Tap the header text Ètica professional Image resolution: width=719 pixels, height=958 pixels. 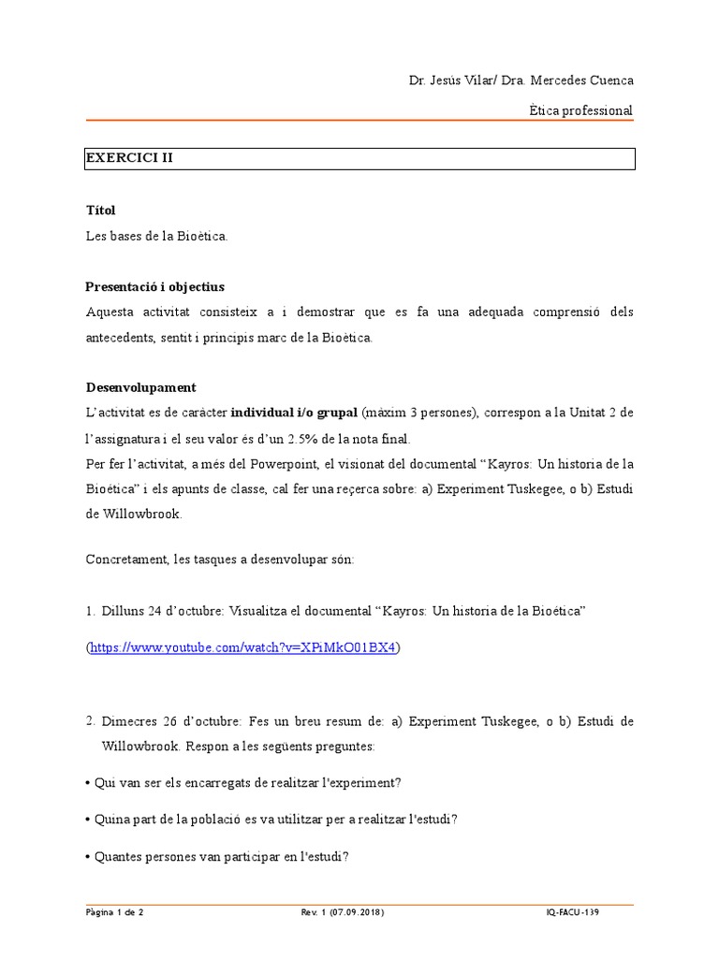coord(580,110)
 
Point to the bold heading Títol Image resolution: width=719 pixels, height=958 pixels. coord(100,210)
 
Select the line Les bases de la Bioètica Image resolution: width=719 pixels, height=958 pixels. coord(156,236)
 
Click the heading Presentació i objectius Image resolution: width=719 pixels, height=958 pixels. coord(154,286)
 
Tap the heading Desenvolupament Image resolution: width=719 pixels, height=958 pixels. coord(140,387)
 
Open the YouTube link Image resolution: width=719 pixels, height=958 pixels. coord(242,646)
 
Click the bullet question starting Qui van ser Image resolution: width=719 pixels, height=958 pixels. coord(247,782)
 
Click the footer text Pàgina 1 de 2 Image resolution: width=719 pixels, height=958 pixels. coord(114,912)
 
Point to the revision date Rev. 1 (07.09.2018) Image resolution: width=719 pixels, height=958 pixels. coord(342,912)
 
